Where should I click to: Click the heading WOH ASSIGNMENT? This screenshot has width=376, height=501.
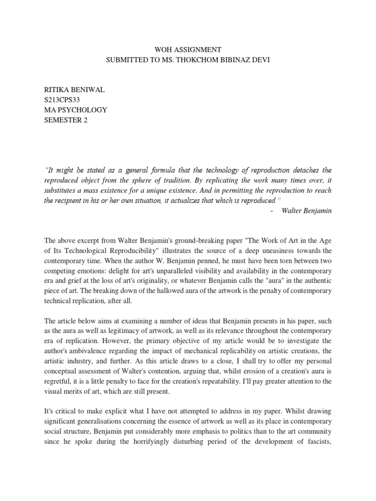(x=188, y=49)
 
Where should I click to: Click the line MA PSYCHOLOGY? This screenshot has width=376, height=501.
(x=75, y=110)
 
